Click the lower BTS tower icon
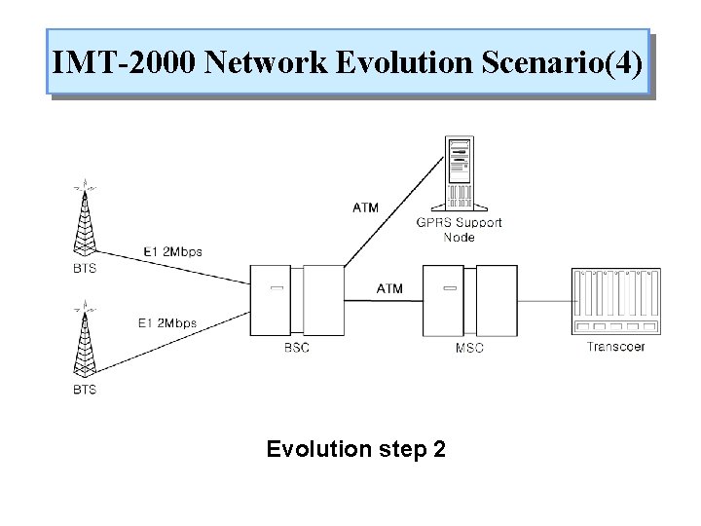coord(86,342)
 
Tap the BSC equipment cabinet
coord(291,299)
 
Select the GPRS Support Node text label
coord(459,229)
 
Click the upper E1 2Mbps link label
coord(172,252)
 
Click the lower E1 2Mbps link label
coord(167,323)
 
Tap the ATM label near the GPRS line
coord(364,207)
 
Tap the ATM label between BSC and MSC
coord(389,288)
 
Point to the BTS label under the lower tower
coord(85,390)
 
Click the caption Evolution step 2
coord(355,450)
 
